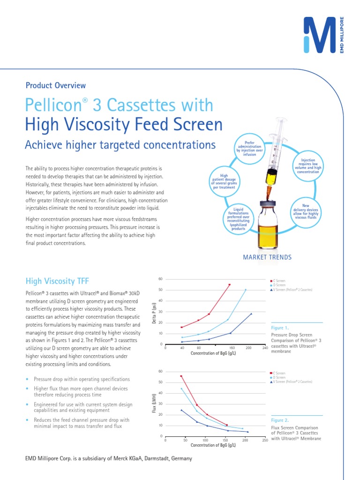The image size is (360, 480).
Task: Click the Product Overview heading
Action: coord(56,85)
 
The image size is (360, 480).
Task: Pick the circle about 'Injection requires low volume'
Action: coord(307,166)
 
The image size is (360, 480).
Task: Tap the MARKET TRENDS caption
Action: coord(267,257)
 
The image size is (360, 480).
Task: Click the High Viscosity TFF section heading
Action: coord(57,281)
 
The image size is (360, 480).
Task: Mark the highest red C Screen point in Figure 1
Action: coord(229,285)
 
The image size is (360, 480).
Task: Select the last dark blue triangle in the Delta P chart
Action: coord(251,314)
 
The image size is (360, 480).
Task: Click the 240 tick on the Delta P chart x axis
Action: coord(265,348)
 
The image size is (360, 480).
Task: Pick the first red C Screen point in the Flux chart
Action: coord(181,376)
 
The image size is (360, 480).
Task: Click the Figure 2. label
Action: coord(280,421)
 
